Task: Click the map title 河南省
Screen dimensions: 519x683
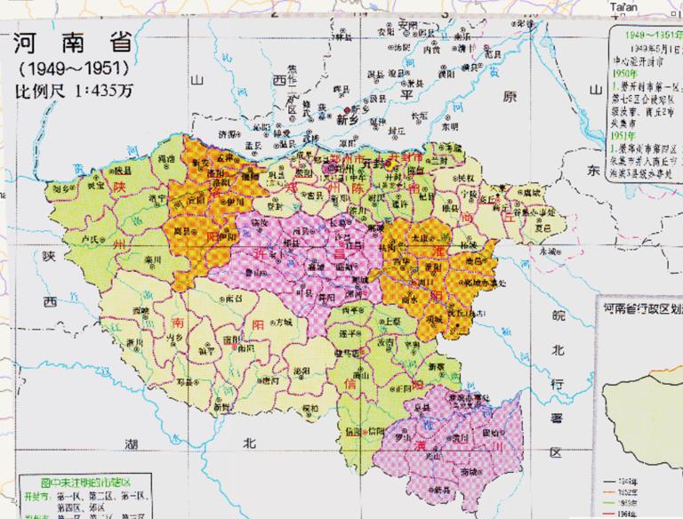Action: [x=67, y=44]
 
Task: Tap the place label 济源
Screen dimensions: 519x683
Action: [x=229, y=133]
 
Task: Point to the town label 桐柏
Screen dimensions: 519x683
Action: [x=310, y=408]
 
